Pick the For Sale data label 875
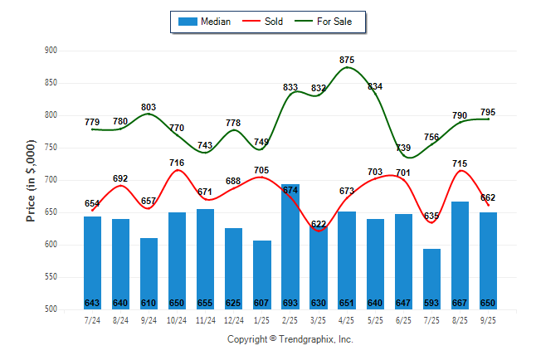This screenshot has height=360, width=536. click(347, 60)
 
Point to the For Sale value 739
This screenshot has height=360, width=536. click(403, 148)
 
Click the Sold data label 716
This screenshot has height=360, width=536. click(177, 163)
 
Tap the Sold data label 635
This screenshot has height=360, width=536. click(431, 216)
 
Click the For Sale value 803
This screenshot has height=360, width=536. click(149, 107)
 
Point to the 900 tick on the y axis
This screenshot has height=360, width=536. click(51, 51)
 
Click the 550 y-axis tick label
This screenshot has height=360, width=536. click(51, 277)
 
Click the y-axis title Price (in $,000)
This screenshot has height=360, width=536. click(31, 180)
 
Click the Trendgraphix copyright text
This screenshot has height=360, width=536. click(290, 339)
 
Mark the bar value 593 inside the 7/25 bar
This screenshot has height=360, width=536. click(431, 303)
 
